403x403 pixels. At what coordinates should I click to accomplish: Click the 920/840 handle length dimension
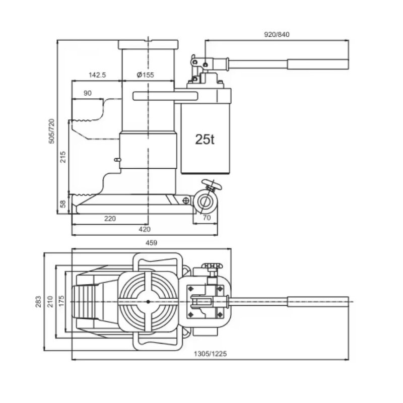[x=277, y=35]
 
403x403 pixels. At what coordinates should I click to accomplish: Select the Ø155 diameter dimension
[x=145, y=75]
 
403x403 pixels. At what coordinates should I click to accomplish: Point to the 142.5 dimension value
[x=97, y=75]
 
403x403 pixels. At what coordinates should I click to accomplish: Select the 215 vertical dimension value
[x=63, y=158]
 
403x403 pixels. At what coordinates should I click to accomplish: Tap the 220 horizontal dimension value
[x=110, y=218]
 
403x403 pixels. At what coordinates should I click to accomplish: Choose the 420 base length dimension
[x=145, y=230]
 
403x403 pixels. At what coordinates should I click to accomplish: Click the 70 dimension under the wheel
[x=206, y=218]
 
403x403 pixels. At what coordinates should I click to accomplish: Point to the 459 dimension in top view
[x=151, y=243]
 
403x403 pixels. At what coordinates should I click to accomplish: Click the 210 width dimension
[x=50, y=301]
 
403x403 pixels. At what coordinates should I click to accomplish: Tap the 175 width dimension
[x=61, y=301]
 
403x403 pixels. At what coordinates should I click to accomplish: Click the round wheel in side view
[x=205, y=201]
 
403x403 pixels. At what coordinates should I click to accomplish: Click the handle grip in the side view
[x=317, y=64]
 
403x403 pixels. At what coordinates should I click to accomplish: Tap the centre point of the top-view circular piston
[x=149, y=301]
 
